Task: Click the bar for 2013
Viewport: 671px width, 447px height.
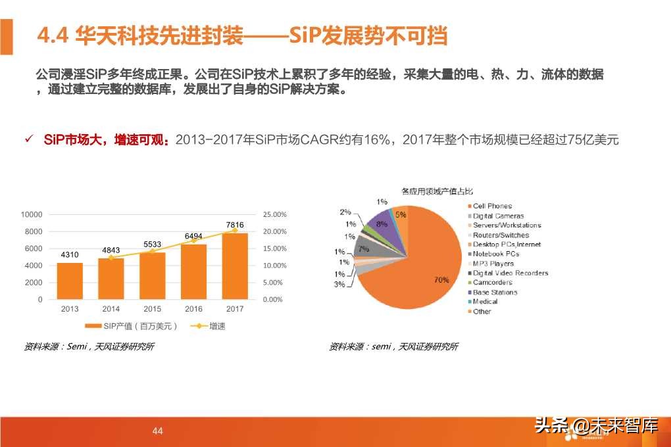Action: coord(70,281)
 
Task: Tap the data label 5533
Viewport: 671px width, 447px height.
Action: coord(152,245)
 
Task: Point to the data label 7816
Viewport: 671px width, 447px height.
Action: coord(235,225)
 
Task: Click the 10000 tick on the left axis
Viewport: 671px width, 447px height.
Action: coord(32,215)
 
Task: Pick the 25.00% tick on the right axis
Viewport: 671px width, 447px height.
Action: coord(274,215)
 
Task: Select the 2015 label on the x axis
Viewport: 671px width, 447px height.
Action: coord(152,309)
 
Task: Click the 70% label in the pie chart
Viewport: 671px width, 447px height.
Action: coord(441,280)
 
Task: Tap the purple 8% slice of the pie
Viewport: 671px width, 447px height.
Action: coord(382,227)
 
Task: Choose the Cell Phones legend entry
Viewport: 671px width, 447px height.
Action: coord(492,206)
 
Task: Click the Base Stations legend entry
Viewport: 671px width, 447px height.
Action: coord(495,293)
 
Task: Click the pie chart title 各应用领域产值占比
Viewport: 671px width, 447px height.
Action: coord(437,191)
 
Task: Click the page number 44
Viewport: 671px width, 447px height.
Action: coord(157,431)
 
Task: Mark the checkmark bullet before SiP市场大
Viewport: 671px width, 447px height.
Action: coord(28,139)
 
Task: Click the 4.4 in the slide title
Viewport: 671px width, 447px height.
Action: coord(53,35)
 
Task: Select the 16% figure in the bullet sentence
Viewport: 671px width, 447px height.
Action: coord(379,140)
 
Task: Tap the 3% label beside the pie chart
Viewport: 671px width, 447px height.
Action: coord(339,284)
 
